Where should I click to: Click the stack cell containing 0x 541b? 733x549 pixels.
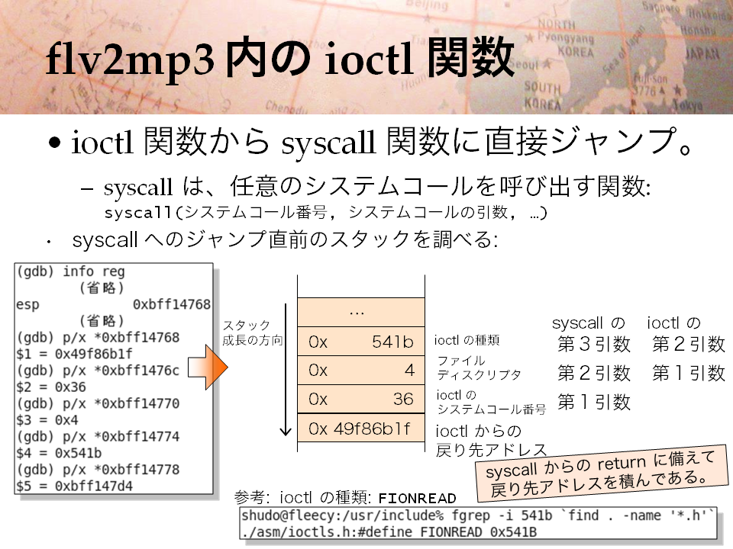pyautogui.click(x=361, y=342)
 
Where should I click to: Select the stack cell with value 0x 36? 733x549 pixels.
pyautogui.click(x=361, y=399)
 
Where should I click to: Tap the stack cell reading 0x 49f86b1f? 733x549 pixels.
pyautogui.click(x=361, y=428)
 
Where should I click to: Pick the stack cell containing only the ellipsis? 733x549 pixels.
pyautogui.click(x=361, y=313)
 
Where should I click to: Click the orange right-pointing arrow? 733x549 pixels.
pyautogui.click(x=208, y=367)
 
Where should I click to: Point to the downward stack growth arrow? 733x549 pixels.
pyautogui.click(x=286, y=370)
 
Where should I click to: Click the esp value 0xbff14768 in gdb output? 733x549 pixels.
pyautogui.click(x=172, y=304)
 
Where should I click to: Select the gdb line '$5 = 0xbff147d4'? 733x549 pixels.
pyautogui.click(x=74, y=486)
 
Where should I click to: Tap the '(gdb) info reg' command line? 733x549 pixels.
pyautogui.click(x=70, y=271)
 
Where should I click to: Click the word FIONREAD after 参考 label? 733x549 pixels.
pyautogui.click(x=417, y=498)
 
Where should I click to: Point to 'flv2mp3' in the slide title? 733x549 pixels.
pyautogui.click(x=131, y=59)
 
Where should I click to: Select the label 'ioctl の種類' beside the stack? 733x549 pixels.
pyautogui.click(x=467, y=340)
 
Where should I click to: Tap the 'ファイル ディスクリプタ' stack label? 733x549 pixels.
pyautogui.click(x=479, y=368)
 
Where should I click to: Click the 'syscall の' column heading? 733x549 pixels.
pyautogui.click(x=588, y=323)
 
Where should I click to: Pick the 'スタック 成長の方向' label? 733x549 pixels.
pyautogui.click(x=253, y=332)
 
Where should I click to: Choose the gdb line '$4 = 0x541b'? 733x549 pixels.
pyautogui.click(x=59, y=453)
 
